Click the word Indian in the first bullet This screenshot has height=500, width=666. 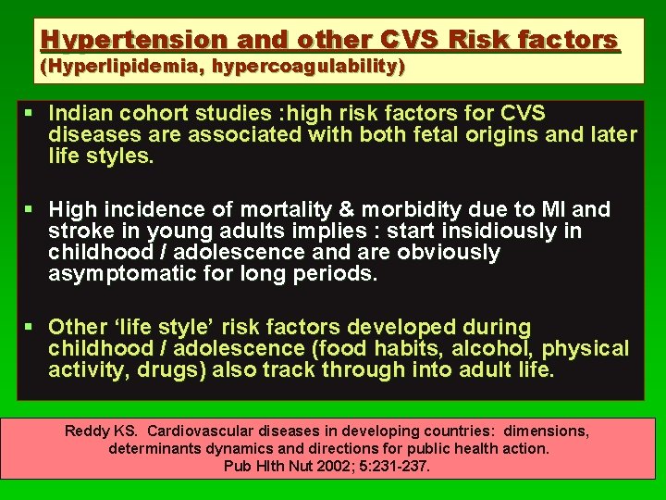point(81,114)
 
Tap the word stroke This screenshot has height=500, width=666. point(80,231)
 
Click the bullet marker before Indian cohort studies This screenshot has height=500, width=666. point(31,114)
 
